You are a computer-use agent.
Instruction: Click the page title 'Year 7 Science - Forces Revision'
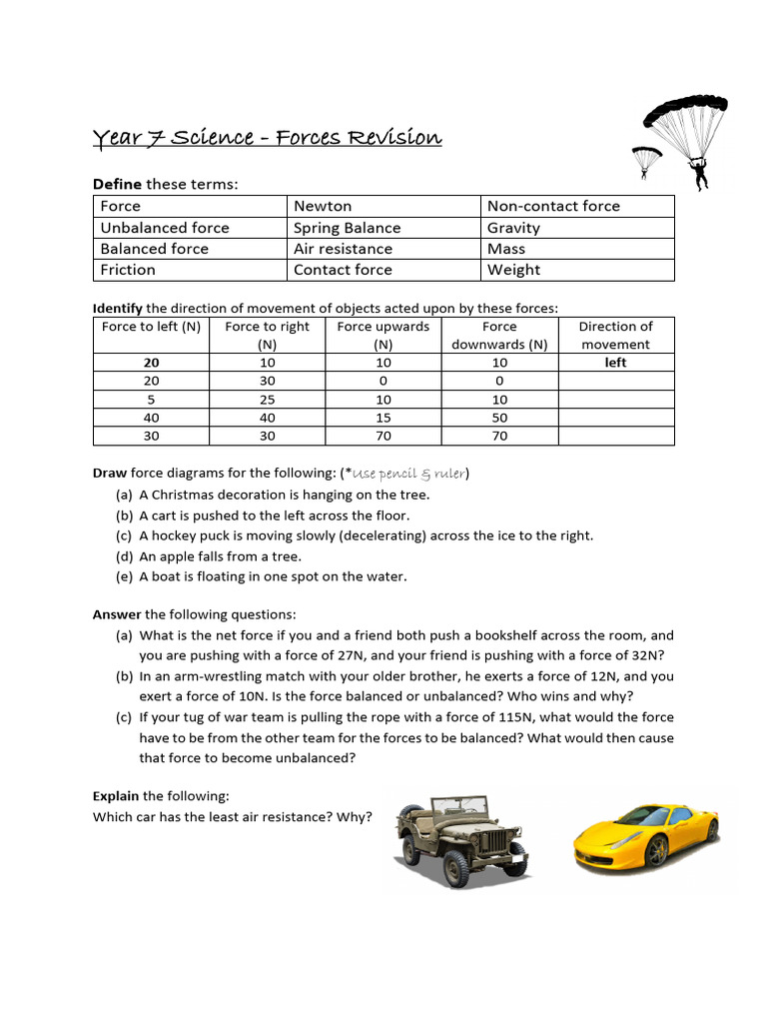267,137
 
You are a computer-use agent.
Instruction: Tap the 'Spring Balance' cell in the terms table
347,228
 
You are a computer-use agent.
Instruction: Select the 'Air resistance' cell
343,249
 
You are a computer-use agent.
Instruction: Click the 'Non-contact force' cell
553,206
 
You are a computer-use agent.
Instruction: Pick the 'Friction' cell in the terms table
128,270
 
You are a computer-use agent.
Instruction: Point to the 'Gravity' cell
513,228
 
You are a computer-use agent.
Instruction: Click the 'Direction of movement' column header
615,335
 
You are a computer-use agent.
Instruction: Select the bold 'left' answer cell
615,363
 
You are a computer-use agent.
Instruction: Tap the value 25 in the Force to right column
267,399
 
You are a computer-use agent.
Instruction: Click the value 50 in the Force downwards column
499,417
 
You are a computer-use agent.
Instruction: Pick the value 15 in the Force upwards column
383,417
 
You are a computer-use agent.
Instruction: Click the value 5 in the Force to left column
151,399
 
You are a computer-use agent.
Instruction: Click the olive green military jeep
462,839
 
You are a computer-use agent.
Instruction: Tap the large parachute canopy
685,113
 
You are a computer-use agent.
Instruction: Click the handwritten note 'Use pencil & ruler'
409,473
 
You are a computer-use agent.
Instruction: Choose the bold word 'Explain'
116,796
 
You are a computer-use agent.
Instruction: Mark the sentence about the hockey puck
366,535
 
